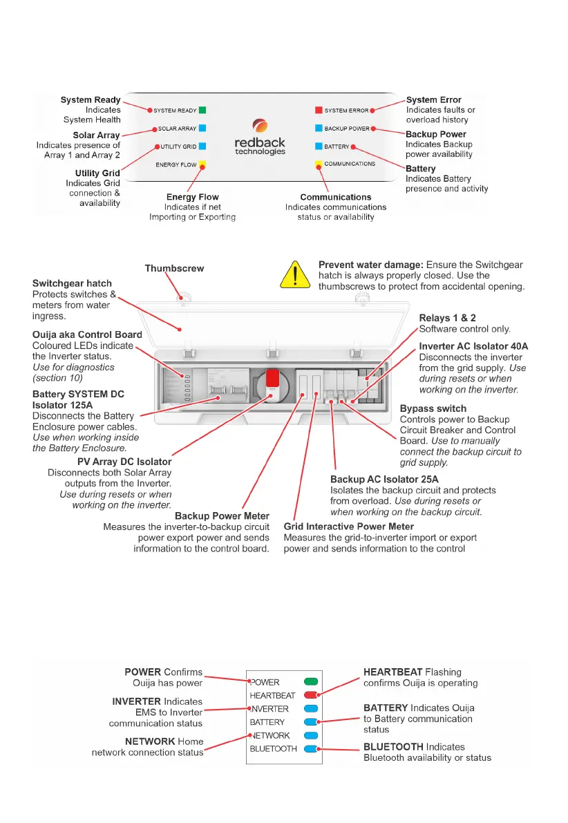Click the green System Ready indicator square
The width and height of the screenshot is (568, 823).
click(x=202, y=110)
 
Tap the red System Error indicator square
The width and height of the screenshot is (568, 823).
click(x=319, y=110)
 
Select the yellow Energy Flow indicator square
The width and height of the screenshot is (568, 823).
click(x=202, y=164)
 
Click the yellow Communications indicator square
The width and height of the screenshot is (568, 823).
click(x=319, y=164)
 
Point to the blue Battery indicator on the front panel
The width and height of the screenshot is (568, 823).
click(x=319, y=146)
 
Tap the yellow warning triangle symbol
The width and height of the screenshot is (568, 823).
click(x=295, y=274)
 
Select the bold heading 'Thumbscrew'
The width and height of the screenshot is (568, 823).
click(x=174, y=268)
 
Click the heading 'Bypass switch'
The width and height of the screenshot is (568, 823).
click(x=433, y=408)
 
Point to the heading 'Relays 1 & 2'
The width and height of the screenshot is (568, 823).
click(x=448, y=318)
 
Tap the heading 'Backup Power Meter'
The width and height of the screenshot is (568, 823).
click(x=222, y=516)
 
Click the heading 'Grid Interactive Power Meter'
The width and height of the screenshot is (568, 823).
click(x=349, y=527)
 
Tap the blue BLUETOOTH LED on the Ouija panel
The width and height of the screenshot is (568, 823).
click(x=310, y=748)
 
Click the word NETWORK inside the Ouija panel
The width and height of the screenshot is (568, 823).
click(x=270, y=735)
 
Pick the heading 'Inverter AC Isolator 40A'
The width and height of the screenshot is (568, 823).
click(x=473, y=346)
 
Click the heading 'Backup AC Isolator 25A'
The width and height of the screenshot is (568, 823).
click(x=384, y=479)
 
